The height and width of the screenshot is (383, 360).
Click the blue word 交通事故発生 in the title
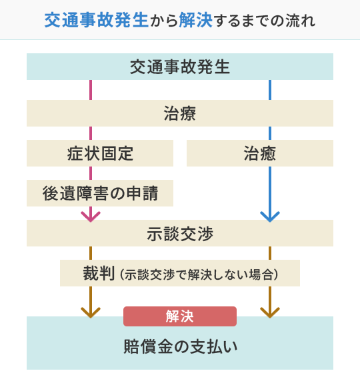click(84, 20)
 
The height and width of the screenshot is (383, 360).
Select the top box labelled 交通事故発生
click(180, 67)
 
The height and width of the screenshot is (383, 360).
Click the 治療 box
click(180, 113)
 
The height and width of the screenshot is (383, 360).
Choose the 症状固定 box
click(100, 153)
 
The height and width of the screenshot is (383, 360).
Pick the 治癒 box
click(260, 153)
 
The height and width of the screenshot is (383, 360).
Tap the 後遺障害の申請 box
click(100, 193)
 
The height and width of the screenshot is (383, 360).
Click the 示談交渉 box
click(180, 233)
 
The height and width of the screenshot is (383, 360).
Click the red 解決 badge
click(180, 316)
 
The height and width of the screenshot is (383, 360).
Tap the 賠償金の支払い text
click(180, 347)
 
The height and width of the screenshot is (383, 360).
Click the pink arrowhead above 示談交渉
click(90, 215)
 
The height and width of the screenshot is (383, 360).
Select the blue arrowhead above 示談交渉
click(270, 215)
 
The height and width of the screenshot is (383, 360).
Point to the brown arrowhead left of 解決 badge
click(90, 310)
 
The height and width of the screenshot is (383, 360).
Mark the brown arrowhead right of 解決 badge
click(270, 310)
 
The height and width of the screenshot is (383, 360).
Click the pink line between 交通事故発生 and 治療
click(90, 90)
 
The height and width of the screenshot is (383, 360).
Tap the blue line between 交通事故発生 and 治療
click(270, 90)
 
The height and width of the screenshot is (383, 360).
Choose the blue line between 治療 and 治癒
click(270, 133)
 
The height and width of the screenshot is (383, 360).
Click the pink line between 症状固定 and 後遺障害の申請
click(90, 173)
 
